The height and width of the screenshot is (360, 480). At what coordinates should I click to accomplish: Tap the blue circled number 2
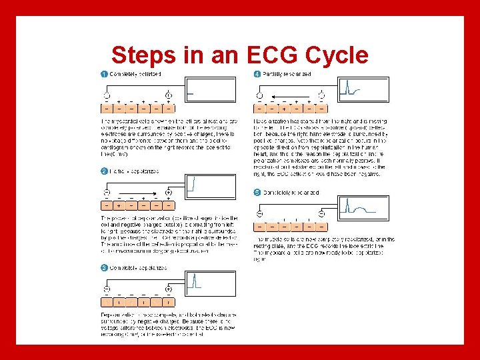click(x=104, y=171)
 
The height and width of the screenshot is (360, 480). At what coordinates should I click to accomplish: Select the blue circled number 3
click(x=104, y=268)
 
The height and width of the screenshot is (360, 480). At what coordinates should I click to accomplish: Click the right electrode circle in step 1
click(x=169, y=95)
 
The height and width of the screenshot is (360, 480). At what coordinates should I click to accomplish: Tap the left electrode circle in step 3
click(x=106, y=289)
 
